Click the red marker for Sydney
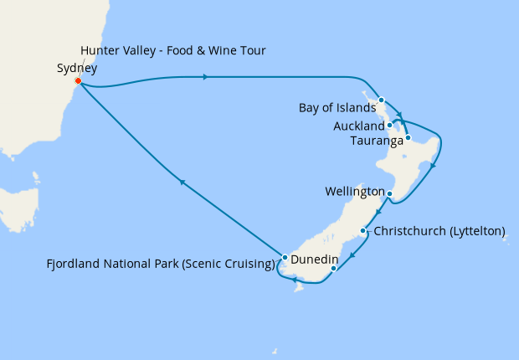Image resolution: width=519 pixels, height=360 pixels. tap(78, 81)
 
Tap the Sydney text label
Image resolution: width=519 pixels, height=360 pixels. tap(77, 69)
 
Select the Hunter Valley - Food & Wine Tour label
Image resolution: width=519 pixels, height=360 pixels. tap(173, 51)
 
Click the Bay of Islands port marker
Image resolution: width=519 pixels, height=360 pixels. tap(381, 100)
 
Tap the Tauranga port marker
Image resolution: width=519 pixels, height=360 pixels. tap(408, 137)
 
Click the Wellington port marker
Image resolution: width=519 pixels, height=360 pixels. tap(389, 193)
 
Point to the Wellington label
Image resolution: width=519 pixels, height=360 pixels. tap(354, 192)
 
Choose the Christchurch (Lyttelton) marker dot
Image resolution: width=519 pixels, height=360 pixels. tap(362, 230)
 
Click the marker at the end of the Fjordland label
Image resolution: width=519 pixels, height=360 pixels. tap(285, 258)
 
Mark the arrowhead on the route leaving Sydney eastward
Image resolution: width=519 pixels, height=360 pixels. tap(206, 78)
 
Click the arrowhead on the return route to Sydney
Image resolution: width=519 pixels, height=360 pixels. tap(180, 181)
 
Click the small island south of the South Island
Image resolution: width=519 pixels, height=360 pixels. tap(297, 289)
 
